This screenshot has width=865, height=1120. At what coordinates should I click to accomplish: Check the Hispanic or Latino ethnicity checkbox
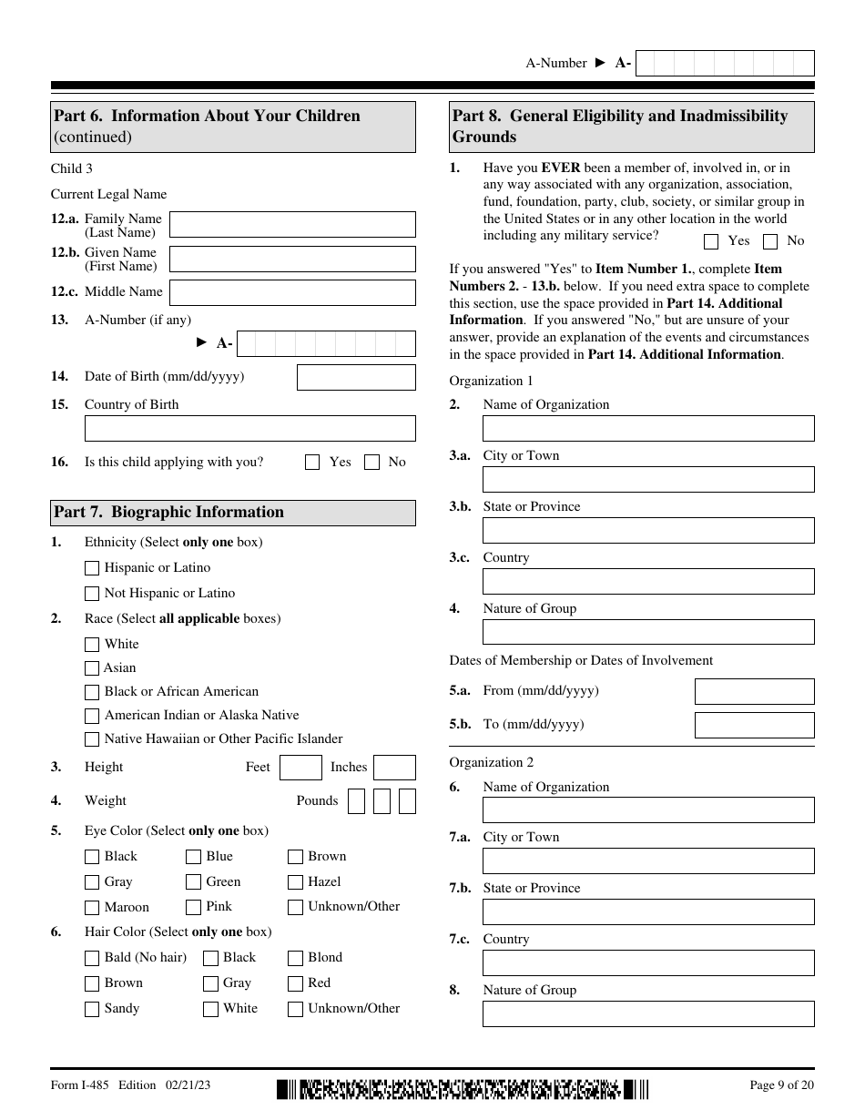92,568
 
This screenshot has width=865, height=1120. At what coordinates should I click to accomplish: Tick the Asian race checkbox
92,668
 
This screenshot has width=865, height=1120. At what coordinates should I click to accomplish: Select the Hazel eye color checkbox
295,882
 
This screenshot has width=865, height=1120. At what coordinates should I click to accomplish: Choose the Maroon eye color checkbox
92,908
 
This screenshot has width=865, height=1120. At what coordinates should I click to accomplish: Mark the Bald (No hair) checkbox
92,958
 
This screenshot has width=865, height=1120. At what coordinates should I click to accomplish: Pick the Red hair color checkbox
295,983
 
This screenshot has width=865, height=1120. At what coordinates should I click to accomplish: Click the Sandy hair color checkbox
92,1009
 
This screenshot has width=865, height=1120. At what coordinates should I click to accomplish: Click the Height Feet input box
300,768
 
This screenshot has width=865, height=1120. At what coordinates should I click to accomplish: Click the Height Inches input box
394,768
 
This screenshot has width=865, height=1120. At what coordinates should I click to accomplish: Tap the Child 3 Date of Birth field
356,377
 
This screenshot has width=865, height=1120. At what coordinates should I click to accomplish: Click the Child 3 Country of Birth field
249,429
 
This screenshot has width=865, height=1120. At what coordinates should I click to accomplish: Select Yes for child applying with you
312,463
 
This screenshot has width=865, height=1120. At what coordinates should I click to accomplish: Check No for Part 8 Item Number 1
770,241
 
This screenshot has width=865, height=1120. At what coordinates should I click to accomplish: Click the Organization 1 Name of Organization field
648,429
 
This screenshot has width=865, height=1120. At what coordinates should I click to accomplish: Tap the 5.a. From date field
754,692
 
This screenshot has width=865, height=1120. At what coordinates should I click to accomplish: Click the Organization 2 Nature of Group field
648,1014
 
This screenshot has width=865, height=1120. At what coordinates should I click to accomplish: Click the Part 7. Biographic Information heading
169,513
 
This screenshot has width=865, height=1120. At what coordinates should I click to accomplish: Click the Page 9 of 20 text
781,1084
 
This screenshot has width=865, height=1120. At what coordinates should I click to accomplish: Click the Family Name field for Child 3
292,225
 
